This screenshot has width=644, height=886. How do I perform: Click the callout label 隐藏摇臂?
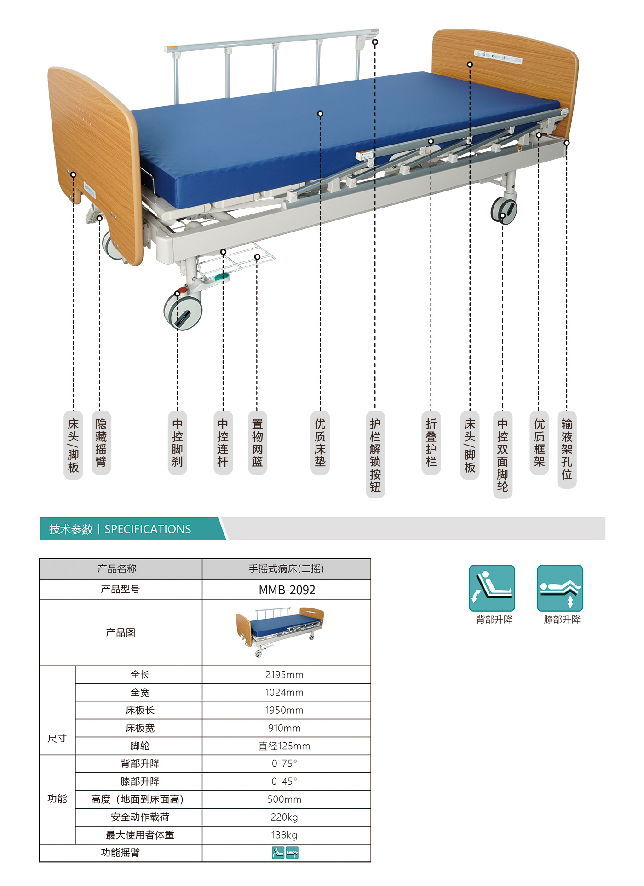click(101, 442)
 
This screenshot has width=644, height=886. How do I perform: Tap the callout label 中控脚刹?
click(178, 442)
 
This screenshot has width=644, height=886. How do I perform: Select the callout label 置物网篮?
click(258, 442)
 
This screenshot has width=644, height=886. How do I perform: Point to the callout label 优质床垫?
click(320, 442)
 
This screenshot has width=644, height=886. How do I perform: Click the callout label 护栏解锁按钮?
click(375, 454)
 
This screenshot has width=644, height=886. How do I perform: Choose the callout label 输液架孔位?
click(567, 449)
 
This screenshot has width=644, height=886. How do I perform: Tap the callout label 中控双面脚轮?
click(503, 454)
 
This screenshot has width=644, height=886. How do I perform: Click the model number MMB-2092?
click(287, 590)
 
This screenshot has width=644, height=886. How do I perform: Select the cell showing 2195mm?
click(284, 675)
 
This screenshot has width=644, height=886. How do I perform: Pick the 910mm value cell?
click(284, 728)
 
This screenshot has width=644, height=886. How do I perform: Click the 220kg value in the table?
click(284, 817)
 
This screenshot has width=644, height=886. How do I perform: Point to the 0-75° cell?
click(284, 764)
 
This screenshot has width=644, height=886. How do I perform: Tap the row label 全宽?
click(140, 692)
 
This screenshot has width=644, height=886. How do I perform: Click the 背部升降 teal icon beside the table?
click(492, 588)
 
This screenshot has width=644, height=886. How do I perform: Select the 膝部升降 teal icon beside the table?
click(560, 588)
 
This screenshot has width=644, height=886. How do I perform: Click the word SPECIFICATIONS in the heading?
click(148, 529)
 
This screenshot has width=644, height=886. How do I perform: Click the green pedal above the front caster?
click(222, 277)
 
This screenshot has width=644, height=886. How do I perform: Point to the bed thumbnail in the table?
click(280, 631)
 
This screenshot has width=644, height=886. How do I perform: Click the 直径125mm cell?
click(284, 746)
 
